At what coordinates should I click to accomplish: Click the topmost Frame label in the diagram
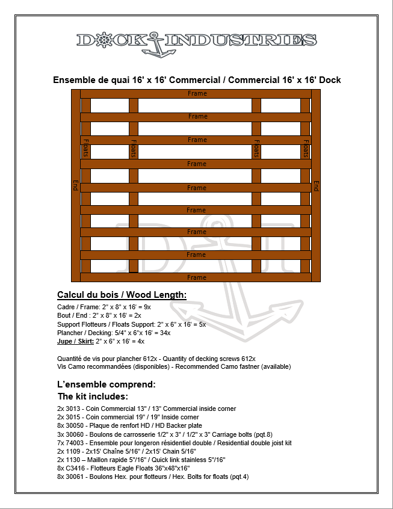tap(197, 93)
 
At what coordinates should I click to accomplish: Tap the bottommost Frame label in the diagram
tap(197, 277)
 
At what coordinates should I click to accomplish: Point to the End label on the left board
tap(75, 185)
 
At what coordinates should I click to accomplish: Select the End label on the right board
tap(316, 185)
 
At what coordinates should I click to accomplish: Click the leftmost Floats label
tap(85, 148)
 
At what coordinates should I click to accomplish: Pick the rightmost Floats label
tap(306, 148)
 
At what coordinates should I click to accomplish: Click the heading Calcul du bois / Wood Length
tap(122, 295)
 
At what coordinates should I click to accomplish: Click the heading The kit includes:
tap(92, 396)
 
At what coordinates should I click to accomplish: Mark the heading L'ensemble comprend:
tap(107, 384)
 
